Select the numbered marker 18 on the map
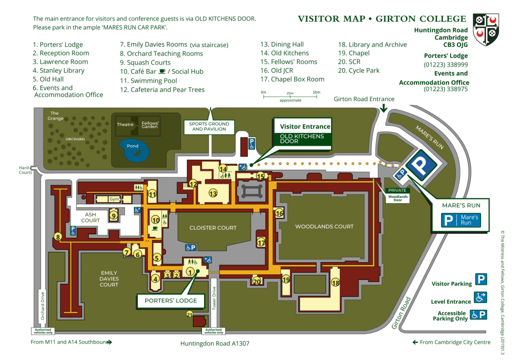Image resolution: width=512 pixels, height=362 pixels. click(335, 283)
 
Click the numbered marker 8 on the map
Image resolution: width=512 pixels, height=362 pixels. click(58, 236)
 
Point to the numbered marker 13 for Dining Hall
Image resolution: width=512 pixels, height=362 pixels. click(213, 193)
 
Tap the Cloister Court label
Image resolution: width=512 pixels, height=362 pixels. click(213, 228)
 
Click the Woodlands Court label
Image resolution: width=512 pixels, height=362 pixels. click(324, 226)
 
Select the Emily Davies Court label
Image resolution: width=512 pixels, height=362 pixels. click(109, 278)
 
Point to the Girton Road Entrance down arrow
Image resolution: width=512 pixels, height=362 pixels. click(383, 108)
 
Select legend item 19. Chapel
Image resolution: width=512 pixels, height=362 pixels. click(354, 53)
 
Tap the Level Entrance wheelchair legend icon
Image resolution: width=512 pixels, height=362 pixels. click(480, 297)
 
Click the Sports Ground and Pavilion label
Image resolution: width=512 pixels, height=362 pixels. click(208, 126)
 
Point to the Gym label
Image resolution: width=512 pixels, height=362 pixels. click(114, 199)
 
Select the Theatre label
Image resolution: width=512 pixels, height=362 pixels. click(125, 124)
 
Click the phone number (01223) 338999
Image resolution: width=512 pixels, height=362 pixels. click(445, 65)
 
